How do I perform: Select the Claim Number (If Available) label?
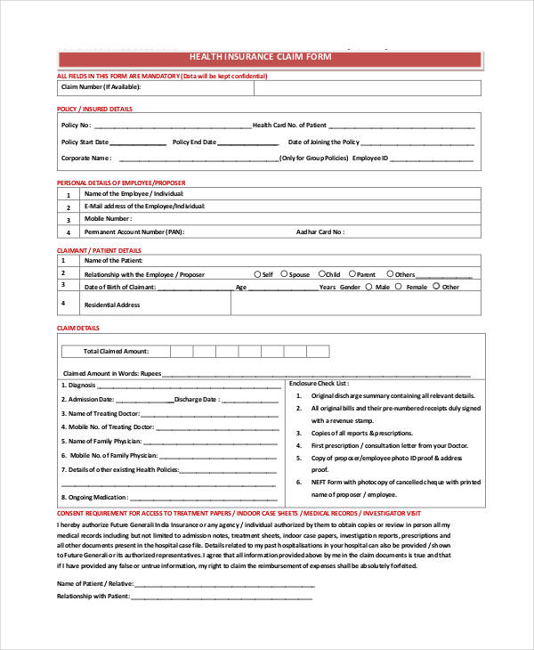pyautogui.click(x=101, y=87)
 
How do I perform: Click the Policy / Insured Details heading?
pyautogui.click(x=94, y=109)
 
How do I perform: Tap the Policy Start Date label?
pyautogui.click(x=85, y=142)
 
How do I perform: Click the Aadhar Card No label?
pyautogui.click(x=320, y=231)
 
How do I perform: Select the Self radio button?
pyautogui.click(x=258, y=274)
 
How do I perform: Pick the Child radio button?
pyautogui.click(x=321, y=274)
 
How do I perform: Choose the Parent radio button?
pyautogui.click(x=352, y=274)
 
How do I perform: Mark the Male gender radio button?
pyautogui.click(x=369, y=287)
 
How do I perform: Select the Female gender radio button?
pyautogui.click(x=400, y=287)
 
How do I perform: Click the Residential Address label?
pyautogui.click(x=112, y=305)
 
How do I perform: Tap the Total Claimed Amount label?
pyautogui.click(x=116, y=351)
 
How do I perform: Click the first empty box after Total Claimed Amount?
pyautogui.click(x=181, y=351)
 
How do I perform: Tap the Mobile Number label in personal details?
pyautogui.click(x=108, y=218)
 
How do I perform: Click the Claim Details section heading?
pyautogui.click(x=77, y=328)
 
